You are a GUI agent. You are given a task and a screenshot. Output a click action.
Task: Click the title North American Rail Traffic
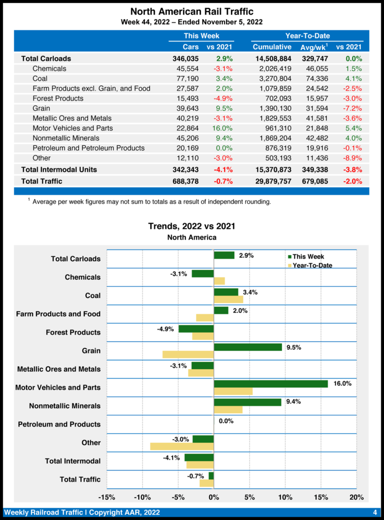pyautogui.click(x=192, y=11)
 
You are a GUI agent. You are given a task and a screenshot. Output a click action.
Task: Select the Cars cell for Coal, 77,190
pyautogui.click(x=187, y=78)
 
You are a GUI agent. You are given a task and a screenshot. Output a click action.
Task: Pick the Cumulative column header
pyautogui.click(x=272, y=47)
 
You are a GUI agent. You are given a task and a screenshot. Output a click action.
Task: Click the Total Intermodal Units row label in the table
pyautogui.click(x=59, y=169)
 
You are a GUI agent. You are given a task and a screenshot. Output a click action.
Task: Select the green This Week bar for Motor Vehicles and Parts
pyautogui.click(x=271, y=383)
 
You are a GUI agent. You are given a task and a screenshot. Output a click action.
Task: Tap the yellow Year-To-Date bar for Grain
pyautogui.click(x=188, y=354)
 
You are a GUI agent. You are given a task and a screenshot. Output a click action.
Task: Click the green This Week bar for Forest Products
pyautogui.click(x=196, y=329)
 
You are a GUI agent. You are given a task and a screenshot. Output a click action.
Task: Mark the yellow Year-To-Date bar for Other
pyautogui.click(x=182, y=446)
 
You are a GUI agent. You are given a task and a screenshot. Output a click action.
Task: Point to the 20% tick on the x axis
pyautogui.click(x=357, y=497)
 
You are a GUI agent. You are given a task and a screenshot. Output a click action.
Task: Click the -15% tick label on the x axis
pyautogui.click(x=106, y=497)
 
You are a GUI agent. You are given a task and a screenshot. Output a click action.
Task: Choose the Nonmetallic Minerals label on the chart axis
pyautogui.click(x=65, y=406)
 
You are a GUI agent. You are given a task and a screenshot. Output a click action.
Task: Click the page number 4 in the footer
pyautogui.click(x=374, y=511)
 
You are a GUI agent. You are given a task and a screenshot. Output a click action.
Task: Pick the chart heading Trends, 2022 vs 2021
pyautogui.click(x=191, y=226)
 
